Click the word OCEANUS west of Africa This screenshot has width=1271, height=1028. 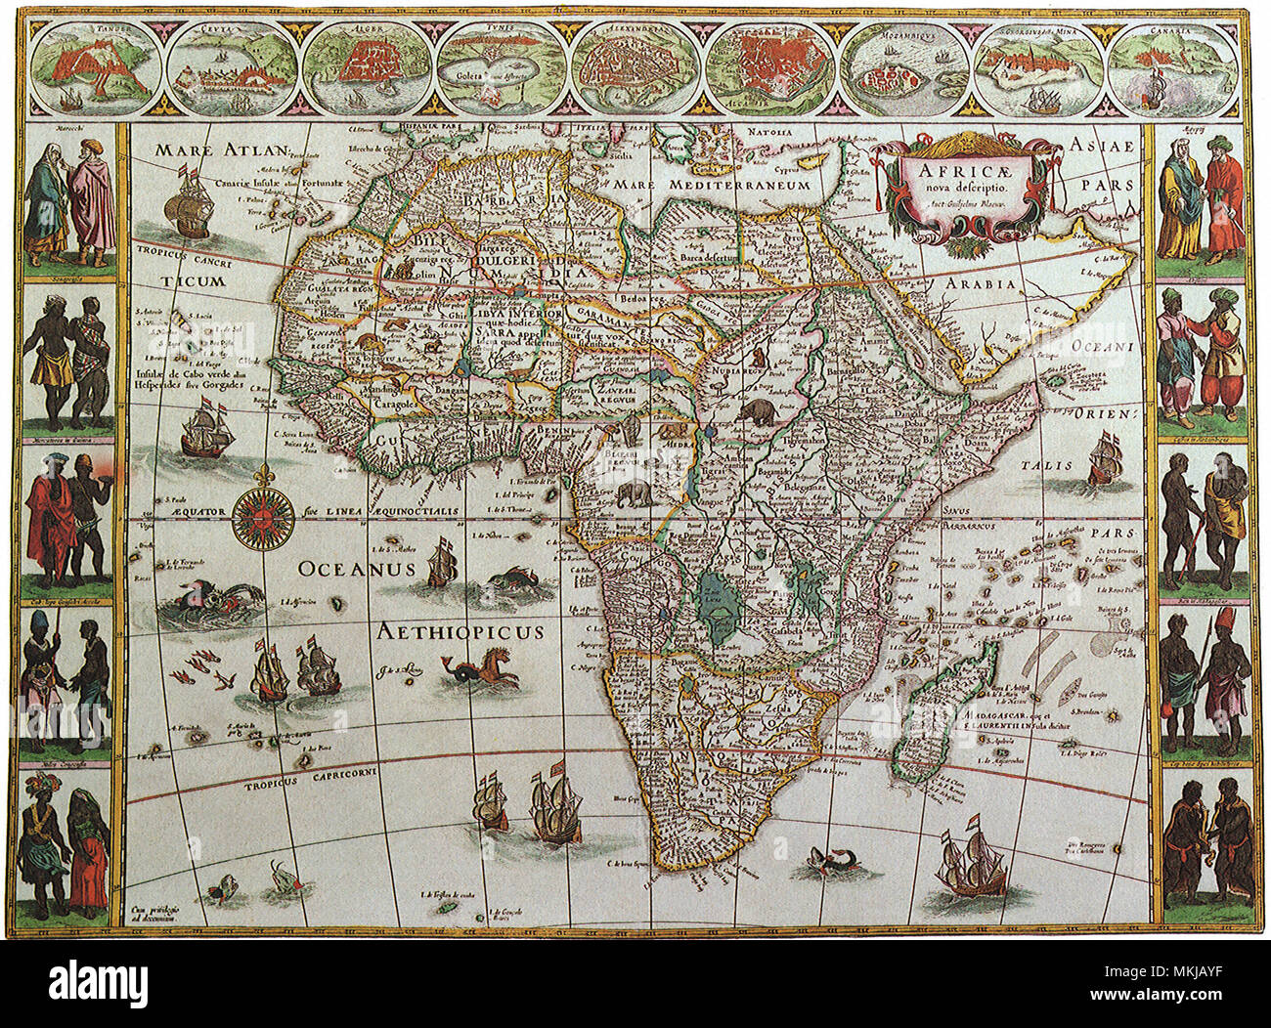point(357,569)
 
